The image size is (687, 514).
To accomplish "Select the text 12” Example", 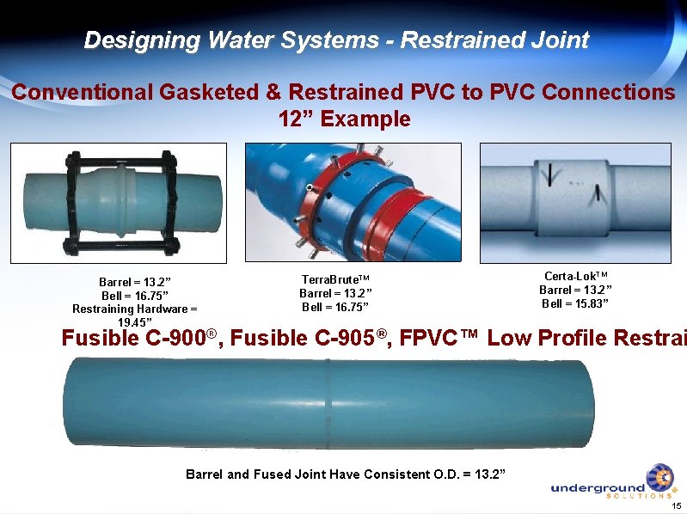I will [x=345, y=119].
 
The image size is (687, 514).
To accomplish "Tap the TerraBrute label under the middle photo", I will [x=334, y=280].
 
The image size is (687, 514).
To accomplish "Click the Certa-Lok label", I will [x=575, y=276].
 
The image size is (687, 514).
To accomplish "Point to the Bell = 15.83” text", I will [x=575, y=303].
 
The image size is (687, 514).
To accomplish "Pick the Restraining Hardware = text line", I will [x=134, y=309].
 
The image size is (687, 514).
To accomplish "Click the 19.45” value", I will [x=135, y=322].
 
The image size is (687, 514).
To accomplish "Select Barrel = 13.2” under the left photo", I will [x=135, y=282].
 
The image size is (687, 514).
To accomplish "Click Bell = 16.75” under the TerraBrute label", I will [x=334, y=307].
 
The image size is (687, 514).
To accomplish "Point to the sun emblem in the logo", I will [x=659, y=478].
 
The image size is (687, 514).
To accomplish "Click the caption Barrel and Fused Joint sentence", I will [x=346, y=474].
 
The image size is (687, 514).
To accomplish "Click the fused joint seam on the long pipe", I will [x=328, y=401].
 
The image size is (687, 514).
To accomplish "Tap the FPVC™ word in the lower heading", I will [x=436, y=339].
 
